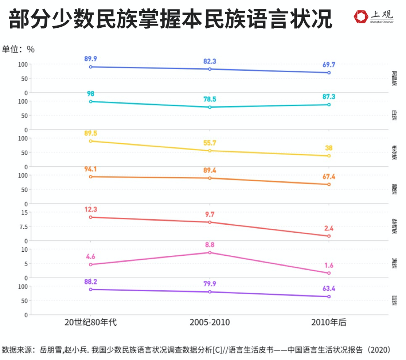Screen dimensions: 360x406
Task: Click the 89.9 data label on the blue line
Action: [90, 59]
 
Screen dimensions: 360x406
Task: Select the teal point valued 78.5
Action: [210, 107]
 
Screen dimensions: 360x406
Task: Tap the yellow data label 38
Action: [329, 148]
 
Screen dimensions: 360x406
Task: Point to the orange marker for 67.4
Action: [329, 184]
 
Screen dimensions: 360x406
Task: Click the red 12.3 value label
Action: [90, 209]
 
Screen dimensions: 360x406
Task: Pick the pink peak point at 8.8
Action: [210, 252]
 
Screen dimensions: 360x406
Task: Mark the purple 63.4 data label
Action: [329, 289]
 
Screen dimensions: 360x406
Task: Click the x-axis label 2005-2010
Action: [210, 322]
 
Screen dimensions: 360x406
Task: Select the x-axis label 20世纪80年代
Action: [90, 322]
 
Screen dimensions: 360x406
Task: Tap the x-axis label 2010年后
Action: [329, 322]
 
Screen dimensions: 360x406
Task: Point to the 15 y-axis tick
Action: [24, 212]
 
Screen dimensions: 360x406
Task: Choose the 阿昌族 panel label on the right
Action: [394, 78]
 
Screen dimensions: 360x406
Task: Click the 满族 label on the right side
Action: [394, 263]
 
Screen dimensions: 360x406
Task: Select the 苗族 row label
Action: [394, 300]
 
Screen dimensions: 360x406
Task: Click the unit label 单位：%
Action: [18, 49]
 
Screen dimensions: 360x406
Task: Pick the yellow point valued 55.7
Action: [210, 151]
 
